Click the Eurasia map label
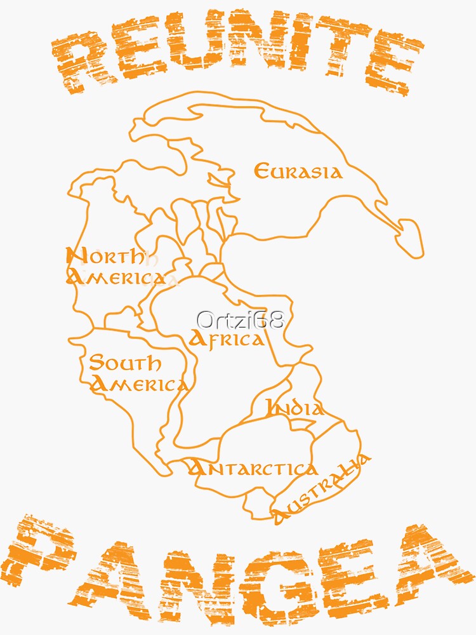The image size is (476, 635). pos(298,171)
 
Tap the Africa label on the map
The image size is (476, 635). pos(227,339)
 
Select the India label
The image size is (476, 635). pos(294,408)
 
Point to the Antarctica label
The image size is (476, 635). pos(253,469)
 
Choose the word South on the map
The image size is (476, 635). pos(125,364)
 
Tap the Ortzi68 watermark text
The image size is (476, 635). pos(240,319)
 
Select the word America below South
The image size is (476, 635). pos(140,384)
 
